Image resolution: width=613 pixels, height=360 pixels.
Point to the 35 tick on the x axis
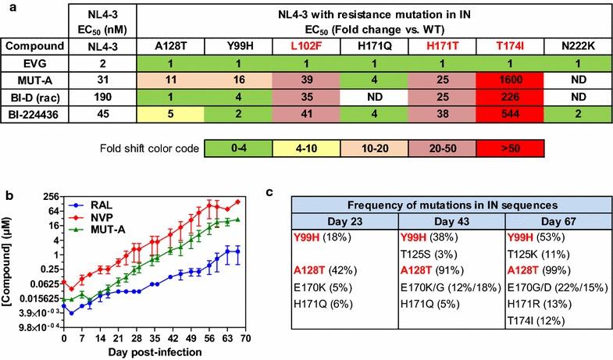(x=154, y=340)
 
